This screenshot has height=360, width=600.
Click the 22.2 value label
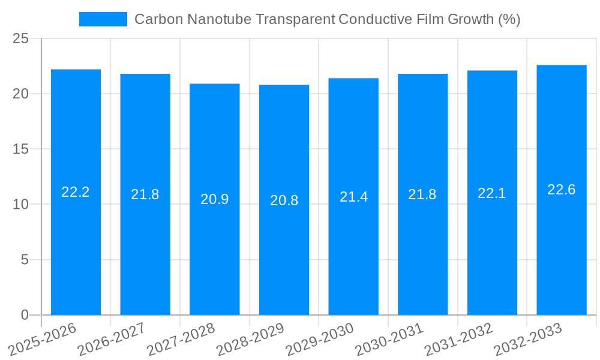click(x=76, y=192)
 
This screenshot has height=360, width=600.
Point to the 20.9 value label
click(x=215, y=199)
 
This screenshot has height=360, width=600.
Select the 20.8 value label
click(x=284, y=200)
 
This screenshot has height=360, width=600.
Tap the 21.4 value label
click(x=353, y=197)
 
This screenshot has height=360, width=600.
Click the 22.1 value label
click(x=492, y=193)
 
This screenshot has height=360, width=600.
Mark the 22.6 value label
click(x=562, y=190)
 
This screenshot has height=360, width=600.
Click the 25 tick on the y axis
click(x=20, y=38)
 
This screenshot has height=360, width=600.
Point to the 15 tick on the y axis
click(x=20, y=149)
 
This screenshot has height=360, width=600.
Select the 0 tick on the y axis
click(x=25, y=315)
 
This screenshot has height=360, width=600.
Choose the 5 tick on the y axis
click(x=25, y=260)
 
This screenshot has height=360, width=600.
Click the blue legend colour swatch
click(x=103, y=19)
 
